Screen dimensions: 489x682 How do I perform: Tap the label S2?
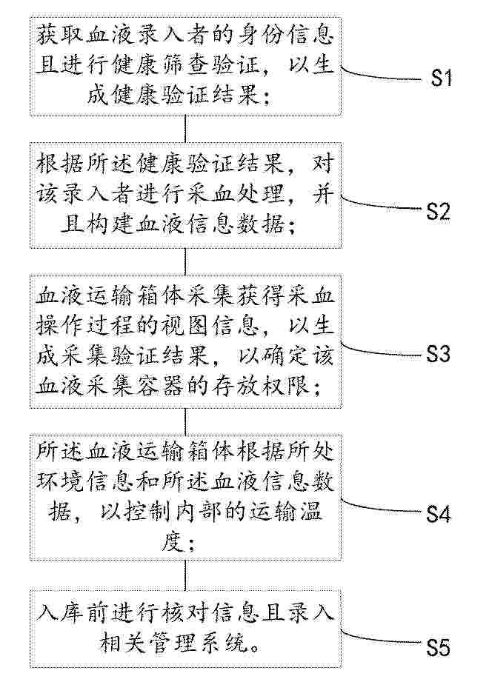[438, 211]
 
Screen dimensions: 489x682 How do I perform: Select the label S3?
[438, 355]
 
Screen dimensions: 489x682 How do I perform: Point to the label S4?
[438, 515]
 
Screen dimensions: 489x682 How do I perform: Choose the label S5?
[438, 649]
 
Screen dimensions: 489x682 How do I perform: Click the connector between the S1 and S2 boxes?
[186, 129]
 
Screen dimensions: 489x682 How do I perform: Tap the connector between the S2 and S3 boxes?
[186, 261]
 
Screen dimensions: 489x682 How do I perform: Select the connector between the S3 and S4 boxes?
[186, 421]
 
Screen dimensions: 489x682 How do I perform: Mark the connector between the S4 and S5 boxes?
[186, 575]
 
